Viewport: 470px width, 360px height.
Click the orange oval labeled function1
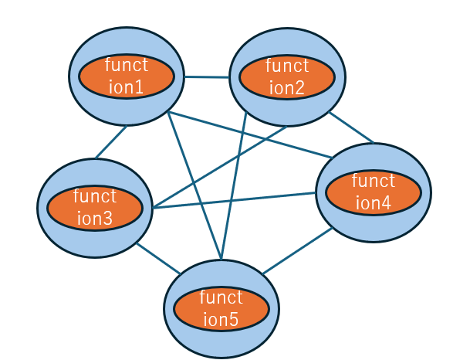(126, 76)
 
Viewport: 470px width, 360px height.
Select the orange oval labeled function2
(287, 76)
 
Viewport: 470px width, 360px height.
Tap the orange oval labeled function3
(95, 208)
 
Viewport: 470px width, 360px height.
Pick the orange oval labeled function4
(374, 192)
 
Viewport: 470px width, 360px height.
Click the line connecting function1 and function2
(206, 76)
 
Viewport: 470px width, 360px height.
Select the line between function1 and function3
(110, 143)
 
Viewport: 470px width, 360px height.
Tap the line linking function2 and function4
(352, 128)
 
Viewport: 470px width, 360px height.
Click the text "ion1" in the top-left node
(126, 87)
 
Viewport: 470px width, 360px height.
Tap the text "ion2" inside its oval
(287, 87)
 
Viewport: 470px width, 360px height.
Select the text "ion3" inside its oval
(95, 219)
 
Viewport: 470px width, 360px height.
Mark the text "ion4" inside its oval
(374, 202)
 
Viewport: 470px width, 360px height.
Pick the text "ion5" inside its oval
(221, 319)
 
